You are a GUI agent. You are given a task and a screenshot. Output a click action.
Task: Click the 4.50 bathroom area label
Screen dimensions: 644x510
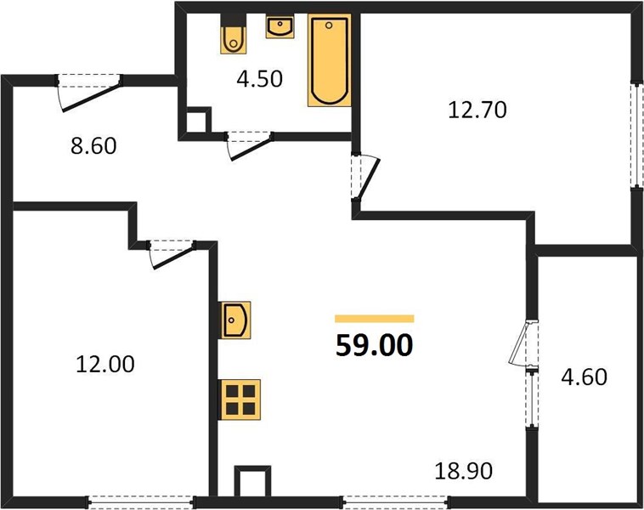260,79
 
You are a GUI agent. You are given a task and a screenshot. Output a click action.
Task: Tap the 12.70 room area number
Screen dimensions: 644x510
477,110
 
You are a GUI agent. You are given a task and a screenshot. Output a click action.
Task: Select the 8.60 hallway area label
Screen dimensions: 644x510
93,145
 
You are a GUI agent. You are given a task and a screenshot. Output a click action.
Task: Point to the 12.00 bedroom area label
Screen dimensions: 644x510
105,364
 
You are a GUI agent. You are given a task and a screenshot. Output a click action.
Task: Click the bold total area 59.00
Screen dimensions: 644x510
374,345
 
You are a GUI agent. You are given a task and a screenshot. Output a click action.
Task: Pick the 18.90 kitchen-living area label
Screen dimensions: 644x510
464,471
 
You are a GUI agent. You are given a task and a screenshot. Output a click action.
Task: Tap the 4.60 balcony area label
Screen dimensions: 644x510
584,377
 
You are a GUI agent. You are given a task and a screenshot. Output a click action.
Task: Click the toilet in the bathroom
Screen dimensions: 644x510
234,34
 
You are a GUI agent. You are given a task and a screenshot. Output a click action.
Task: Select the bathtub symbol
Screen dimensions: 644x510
330,60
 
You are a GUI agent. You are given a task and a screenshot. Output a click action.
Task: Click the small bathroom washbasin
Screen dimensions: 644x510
280,26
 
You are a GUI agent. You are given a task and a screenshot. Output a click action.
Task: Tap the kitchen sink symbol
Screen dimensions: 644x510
235,320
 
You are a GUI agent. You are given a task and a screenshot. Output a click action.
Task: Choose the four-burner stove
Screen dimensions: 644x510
240,399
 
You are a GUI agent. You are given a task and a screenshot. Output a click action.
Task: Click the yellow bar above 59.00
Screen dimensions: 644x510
374,319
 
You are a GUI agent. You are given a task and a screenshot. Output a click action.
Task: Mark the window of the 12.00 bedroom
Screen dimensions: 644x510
141,501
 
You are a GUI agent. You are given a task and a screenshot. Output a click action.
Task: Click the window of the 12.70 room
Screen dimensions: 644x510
637,136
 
